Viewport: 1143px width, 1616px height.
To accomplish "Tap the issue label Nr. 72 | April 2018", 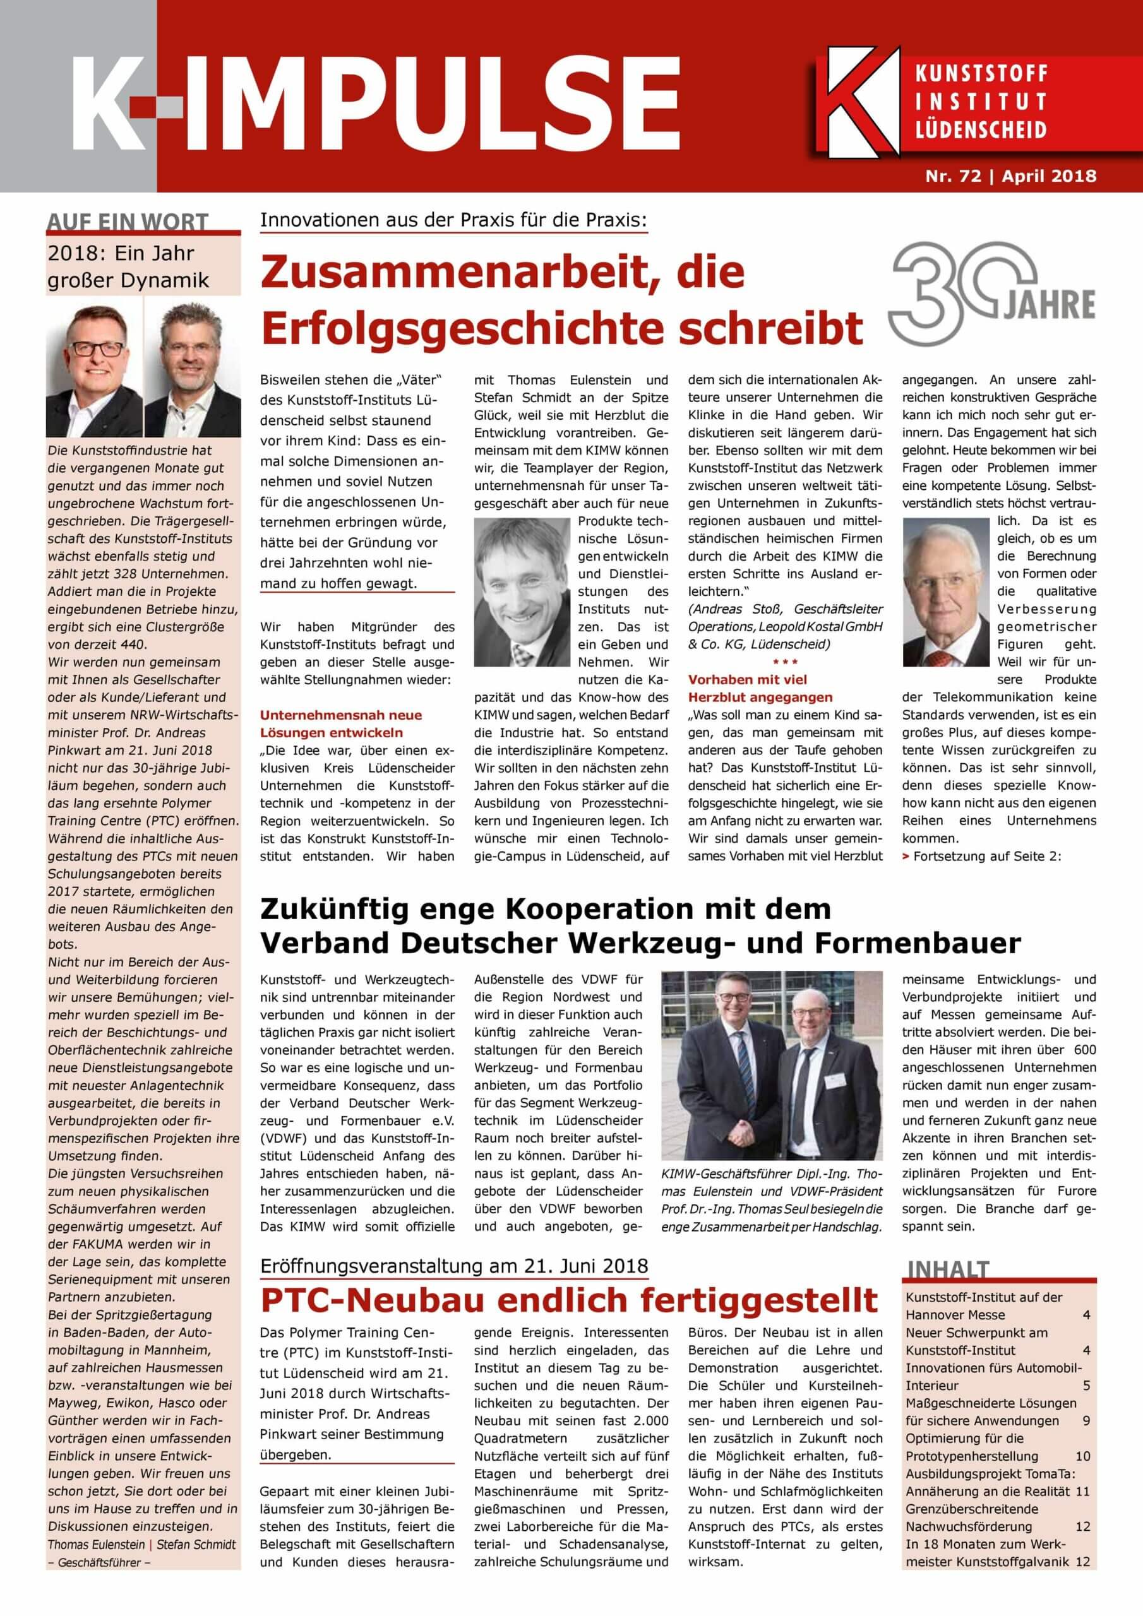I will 1010,175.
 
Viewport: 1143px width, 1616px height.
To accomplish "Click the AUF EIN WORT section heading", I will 128,222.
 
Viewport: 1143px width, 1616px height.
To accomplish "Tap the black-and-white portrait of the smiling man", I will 520,592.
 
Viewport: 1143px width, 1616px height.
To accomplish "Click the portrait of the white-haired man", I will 945,592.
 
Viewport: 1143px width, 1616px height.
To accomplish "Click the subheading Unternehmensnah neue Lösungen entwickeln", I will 341,723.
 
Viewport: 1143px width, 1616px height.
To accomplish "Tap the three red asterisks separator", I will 784,662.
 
